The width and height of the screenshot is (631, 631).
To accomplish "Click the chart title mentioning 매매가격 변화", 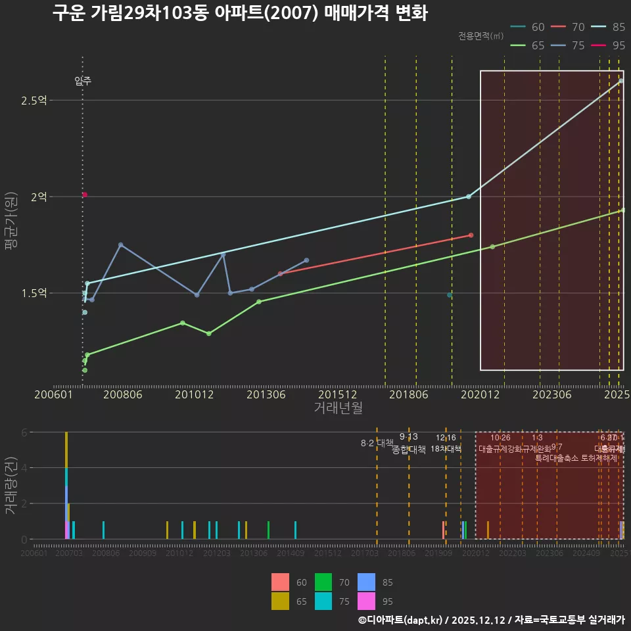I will (x=240, y=13).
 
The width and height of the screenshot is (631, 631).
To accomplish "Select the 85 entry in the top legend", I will (x=608, y=27).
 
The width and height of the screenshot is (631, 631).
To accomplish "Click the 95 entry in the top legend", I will (x=608, y=45).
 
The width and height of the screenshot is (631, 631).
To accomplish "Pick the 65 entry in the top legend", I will (x=527, y=45).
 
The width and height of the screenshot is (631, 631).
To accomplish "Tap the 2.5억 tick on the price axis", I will (x=33, y=101).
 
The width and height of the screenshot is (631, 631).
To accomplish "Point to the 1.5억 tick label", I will (x=33, y=293).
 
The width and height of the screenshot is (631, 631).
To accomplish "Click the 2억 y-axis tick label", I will (x=38, y=197).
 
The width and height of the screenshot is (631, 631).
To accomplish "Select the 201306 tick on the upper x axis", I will (x=266, y=395).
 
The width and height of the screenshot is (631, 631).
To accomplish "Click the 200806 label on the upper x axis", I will (x=124, y=395).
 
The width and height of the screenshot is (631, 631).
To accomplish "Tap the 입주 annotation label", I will (x=83, y=82).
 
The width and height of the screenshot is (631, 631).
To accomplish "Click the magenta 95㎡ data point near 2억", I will (x=85, y=195).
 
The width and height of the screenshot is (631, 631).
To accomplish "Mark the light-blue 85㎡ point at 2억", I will (x=469, y=197).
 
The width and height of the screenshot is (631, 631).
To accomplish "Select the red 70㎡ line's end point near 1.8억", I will (x=471, y=235).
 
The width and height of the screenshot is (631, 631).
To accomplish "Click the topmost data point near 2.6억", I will (x=621, y=81).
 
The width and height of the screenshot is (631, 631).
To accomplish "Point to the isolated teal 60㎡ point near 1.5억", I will (x=450, y=295).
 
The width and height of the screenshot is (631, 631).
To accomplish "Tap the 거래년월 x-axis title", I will (x=338, y=408).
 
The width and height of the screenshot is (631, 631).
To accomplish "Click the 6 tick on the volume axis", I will (x=23, y=432).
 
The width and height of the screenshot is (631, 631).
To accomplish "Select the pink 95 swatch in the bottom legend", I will (x=366, y=601).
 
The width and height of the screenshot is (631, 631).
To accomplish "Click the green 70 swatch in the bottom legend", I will (x=323, y=582).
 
